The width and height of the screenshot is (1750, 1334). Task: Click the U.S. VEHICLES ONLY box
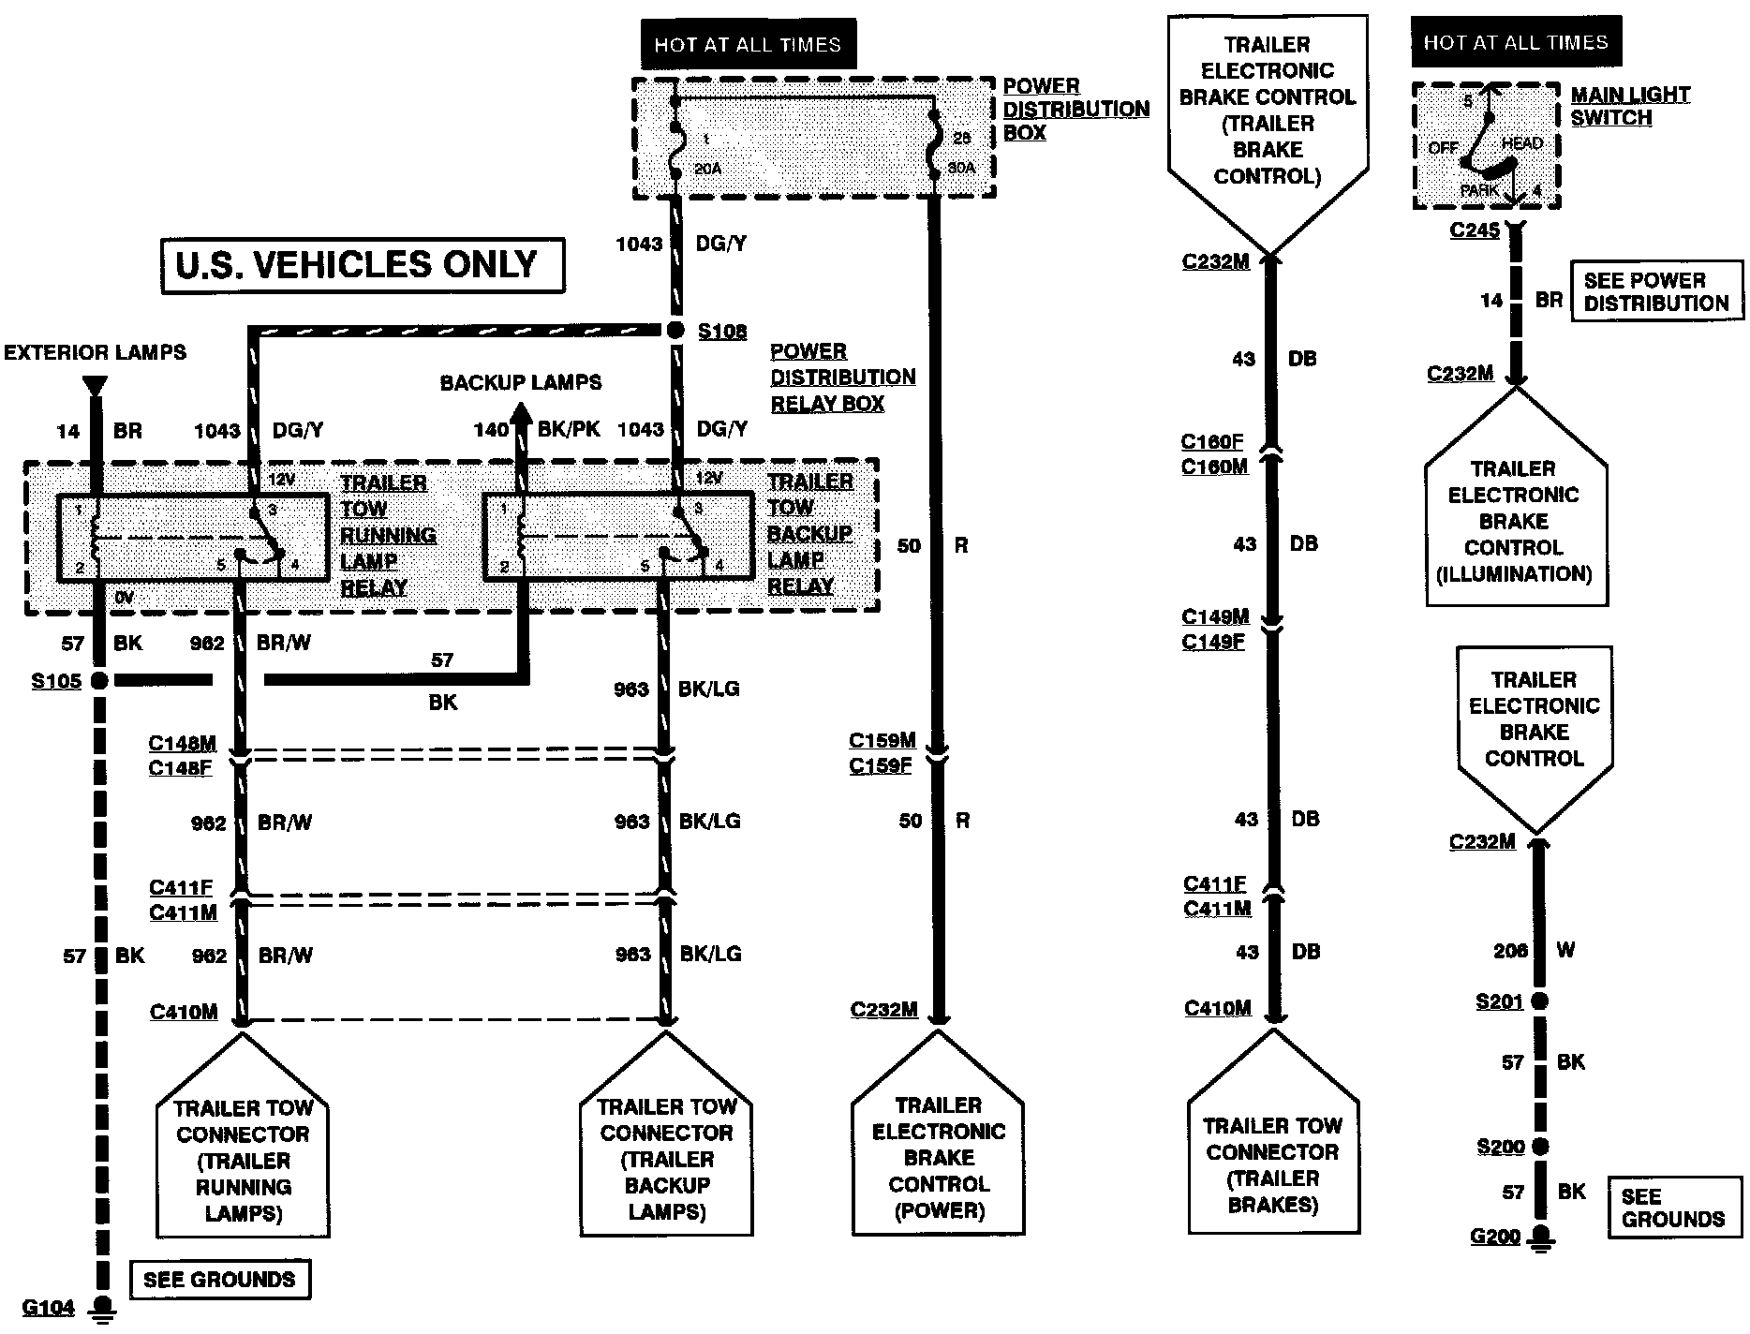[363, 265]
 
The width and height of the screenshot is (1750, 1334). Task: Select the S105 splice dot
[98, 680]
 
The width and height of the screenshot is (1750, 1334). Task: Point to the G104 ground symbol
[102, 1309]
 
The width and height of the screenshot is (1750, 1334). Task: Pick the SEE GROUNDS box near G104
[219, 1280]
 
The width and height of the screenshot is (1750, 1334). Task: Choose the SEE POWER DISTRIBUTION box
[1655, 291]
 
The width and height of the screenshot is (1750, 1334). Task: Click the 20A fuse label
[707, 169]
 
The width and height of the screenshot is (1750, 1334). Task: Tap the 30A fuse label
[961, 168]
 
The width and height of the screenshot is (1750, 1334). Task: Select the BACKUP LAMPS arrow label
[520, 382]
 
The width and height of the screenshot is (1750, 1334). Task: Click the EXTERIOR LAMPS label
[95, 353]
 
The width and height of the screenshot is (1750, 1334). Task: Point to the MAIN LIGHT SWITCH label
[1629, 106]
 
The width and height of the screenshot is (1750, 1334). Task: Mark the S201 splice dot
[1539, 1001]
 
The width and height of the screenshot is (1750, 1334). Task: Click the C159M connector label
[882, 741]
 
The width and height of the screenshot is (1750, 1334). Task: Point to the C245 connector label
[1475, 230]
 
